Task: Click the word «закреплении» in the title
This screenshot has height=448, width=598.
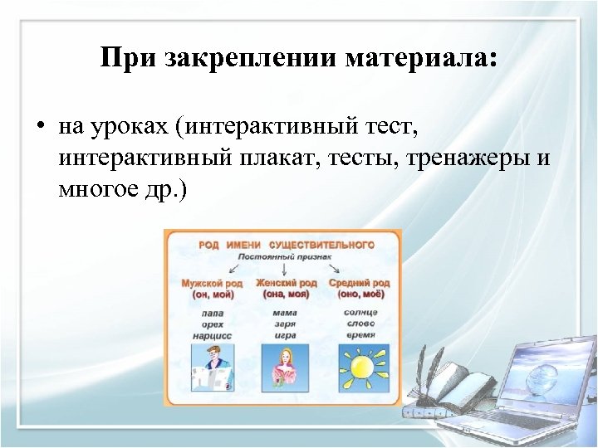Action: point(246,59)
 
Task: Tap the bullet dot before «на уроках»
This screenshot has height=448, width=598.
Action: point(39,129)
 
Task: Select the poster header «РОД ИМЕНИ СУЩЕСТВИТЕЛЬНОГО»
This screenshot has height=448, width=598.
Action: point(286,245)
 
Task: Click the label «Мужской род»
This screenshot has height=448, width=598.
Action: point(212,283)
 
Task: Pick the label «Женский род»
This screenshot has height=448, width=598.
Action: point(285,283)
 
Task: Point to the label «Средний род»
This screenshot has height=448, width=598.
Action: point(359,283)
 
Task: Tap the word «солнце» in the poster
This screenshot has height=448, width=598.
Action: point(359,313)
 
